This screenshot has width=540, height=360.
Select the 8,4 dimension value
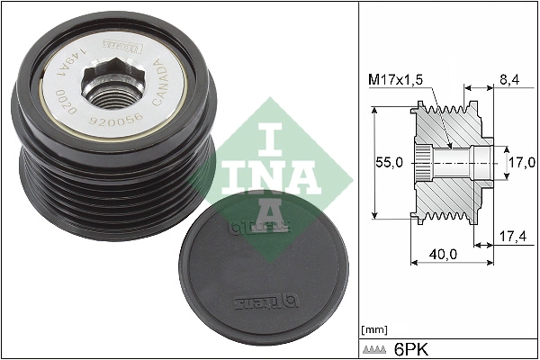508,80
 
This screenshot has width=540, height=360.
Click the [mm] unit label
372,328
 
